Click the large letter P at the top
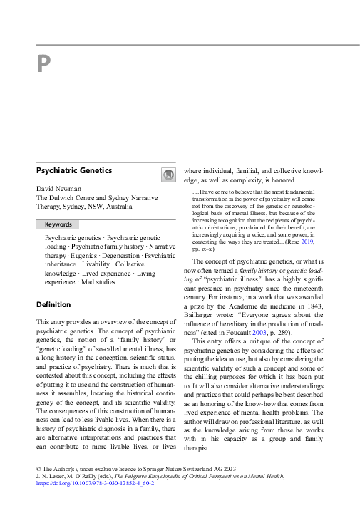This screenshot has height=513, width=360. click(44, 65)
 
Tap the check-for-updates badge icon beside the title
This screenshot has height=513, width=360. click(168, 175)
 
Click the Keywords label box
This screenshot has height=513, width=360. click(58, 224)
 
